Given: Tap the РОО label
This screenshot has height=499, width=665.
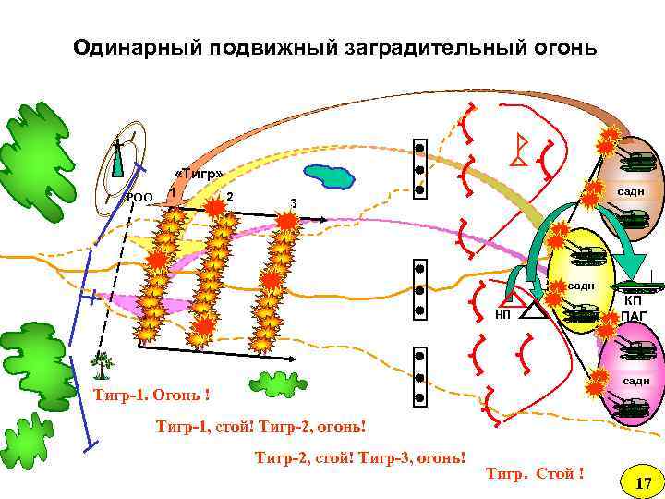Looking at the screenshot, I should click(x=139, y=197).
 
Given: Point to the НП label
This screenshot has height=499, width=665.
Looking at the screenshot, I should click(x=502, y=315).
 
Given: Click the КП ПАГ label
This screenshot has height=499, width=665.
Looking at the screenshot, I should click(x=635, y=309).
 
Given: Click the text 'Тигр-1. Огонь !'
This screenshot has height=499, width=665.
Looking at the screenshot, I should click(x=152, y=396).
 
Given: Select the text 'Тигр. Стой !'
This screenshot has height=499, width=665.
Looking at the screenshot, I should click(x=535, y=474).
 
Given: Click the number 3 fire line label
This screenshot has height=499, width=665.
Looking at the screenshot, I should click(x=293, y=203).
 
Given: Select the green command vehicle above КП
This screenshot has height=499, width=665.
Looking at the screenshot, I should click(x=635, y=285).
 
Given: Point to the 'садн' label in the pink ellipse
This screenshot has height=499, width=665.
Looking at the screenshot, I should click(x=635, y=381).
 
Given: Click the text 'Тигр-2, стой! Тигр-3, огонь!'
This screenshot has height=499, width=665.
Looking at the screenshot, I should click(x=359, y=456).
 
